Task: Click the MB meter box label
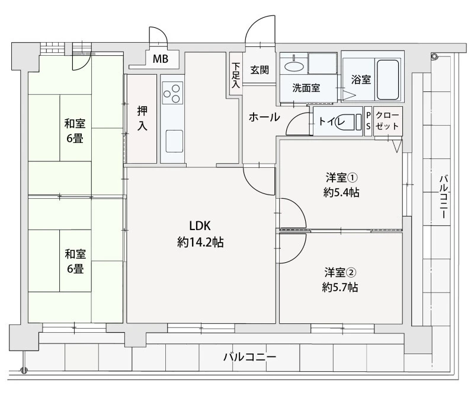161,59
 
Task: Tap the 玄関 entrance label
260,70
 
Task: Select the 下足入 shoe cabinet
236,74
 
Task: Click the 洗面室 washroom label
306,88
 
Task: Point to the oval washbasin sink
293,66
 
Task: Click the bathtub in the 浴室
388,79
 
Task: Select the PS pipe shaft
368,121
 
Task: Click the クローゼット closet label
387,121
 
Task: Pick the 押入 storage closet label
142,119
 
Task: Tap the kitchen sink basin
174,141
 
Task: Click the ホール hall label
264,117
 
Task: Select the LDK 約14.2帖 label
200,234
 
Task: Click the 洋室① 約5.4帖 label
341,184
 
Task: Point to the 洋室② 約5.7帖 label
340,280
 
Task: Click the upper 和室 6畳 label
75,131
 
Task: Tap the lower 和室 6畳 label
75,261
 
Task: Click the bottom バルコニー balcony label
249,357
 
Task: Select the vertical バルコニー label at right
443,196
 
